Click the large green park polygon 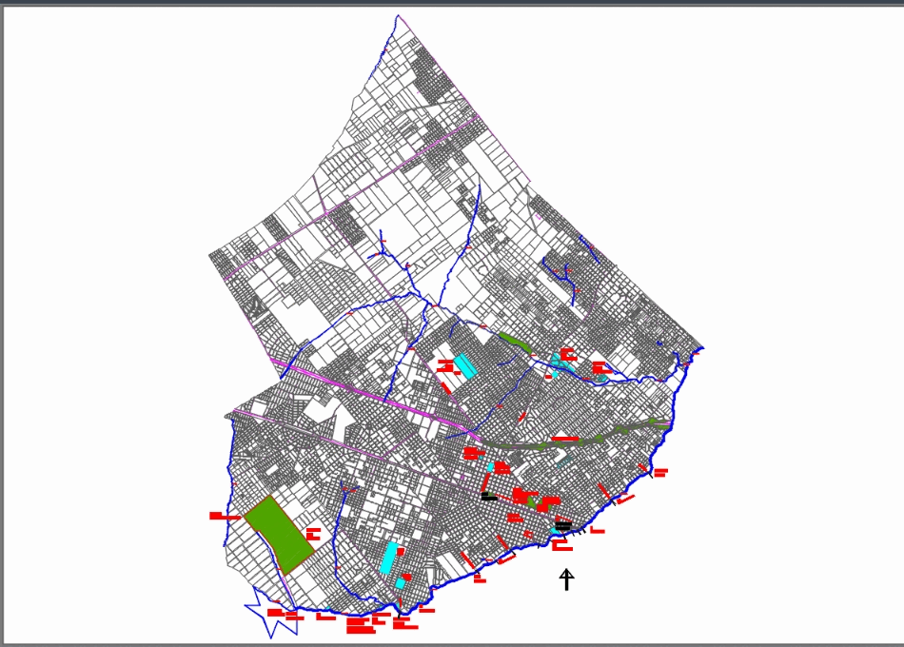278,533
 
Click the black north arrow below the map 567,579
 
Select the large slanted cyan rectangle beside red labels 464,365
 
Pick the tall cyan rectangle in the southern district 389,557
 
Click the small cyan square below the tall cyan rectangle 399,581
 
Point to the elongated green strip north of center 514,340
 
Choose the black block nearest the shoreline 562,524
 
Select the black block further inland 488,497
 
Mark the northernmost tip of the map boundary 397,15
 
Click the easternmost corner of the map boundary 704,346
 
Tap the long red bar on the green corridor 565,439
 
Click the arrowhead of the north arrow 567,572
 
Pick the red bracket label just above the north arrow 563,547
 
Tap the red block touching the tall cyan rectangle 401,551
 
